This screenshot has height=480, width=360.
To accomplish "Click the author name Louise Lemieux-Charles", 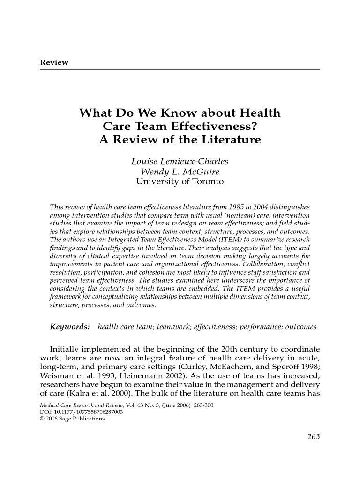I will click(x=180, y=162).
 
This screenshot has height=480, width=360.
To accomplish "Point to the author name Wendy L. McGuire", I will click(x=180, y=172).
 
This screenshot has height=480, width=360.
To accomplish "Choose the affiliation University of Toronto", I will click(x=180, y=181).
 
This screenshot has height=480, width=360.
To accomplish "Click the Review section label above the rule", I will click(x=54, y=62).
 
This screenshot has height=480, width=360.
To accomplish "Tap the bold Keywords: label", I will click(x=70, y=326).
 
